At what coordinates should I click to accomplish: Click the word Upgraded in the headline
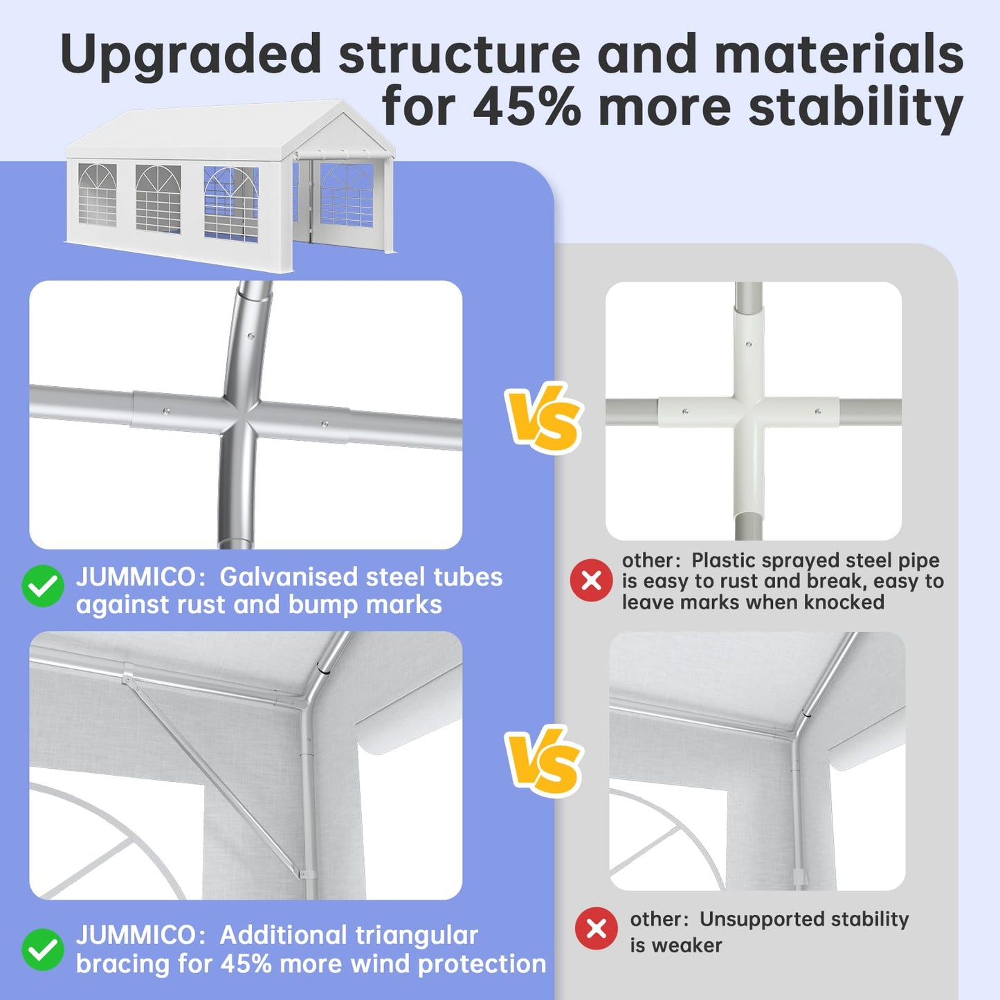(190, 55)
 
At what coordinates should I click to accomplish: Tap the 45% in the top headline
(527, 107)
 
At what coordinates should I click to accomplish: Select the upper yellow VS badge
(543, 417)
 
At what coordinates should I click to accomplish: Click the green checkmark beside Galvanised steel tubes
(43, 586)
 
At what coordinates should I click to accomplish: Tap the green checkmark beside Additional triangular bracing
(43, 949)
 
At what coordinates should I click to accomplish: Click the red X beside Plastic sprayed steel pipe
(591, 580)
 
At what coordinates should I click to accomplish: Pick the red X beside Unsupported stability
(596, 928)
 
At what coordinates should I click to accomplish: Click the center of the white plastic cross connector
(749, 411)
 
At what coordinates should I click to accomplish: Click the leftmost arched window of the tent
(97, 195)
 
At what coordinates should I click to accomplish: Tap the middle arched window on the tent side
(158, 199)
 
